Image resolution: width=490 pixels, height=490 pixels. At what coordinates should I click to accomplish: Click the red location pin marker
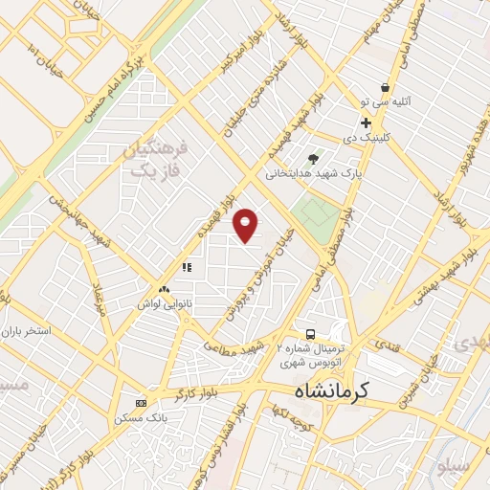[x=247, y=225]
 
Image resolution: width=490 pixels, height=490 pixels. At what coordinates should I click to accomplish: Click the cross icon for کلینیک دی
[x=366, y=122]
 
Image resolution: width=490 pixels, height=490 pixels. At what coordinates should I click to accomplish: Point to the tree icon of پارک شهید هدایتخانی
[x=313, y=159]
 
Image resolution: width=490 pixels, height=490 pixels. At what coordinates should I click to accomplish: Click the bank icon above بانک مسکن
[x=142, y=403]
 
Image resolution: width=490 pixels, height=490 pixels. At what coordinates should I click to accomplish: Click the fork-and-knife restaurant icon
[x=188, y=267]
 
